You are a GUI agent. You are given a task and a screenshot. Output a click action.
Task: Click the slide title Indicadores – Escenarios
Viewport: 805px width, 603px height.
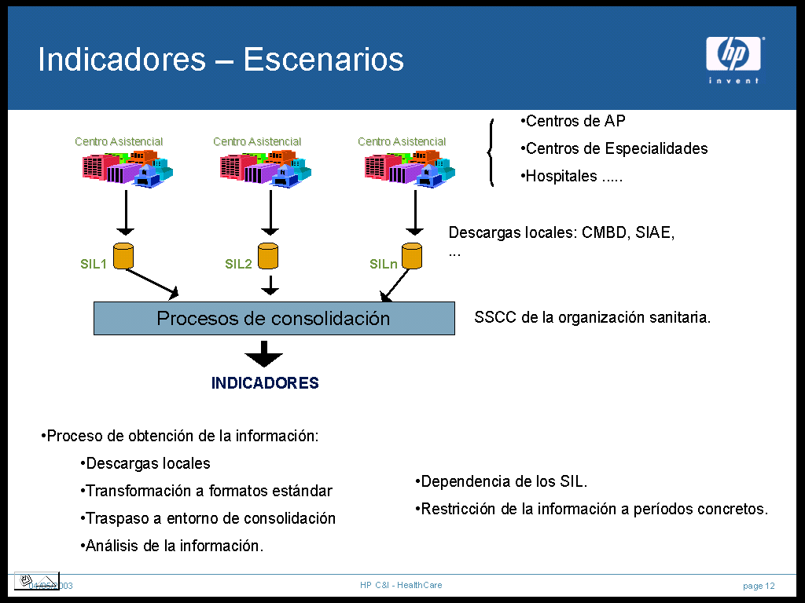point(221,60)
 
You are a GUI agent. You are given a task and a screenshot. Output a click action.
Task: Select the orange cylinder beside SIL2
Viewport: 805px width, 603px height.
point(269,256)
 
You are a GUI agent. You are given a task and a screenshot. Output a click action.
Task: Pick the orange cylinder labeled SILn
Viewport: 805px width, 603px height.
point(412,256)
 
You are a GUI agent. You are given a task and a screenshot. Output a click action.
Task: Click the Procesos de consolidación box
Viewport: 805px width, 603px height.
point(274,318)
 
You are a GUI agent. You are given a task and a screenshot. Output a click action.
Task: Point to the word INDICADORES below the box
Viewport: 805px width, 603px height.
point(265,383)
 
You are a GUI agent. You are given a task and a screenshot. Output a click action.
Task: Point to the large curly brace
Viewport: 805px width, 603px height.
point(491,152)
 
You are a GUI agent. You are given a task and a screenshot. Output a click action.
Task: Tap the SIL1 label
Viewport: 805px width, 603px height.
point(94,264)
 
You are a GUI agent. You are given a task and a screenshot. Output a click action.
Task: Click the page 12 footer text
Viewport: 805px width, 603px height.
point(759,586)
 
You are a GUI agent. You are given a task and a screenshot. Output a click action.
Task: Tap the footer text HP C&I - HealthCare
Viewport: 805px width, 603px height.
point(401,585)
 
